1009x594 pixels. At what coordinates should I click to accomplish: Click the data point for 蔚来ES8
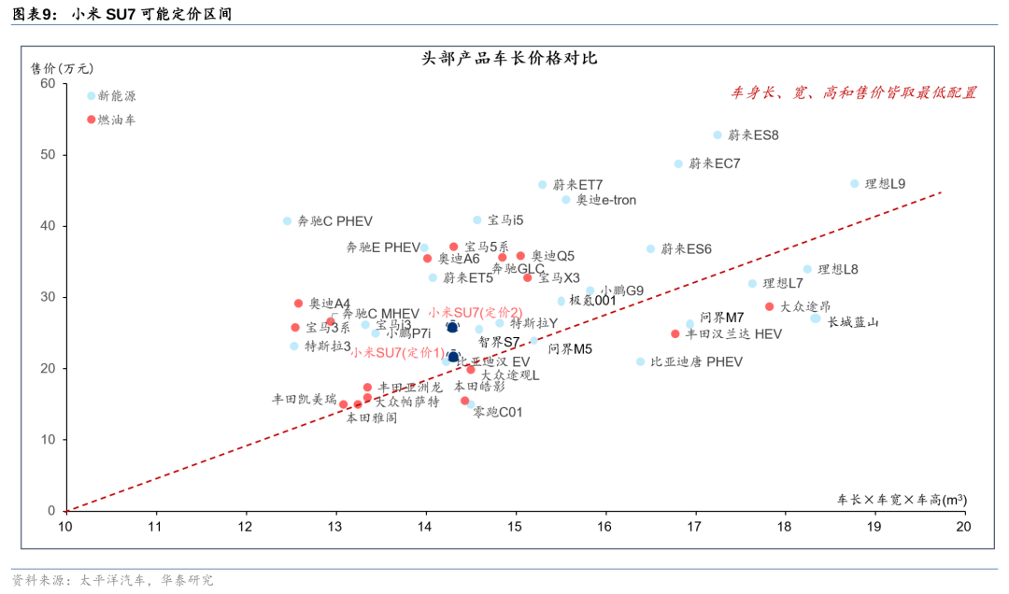(718, 135)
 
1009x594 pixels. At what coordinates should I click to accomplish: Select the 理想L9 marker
(854, 184)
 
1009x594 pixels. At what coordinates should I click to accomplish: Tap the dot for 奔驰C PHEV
(287, 221)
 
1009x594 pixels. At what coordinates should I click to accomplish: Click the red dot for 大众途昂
(770, 306)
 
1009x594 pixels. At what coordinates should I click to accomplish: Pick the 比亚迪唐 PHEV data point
(640, 361)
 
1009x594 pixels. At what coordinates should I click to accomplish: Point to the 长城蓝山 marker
(816, 318)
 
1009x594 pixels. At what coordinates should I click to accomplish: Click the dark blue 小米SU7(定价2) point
(452, 327)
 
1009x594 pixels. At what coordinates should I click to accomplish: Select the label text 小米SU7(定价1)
(398, 352)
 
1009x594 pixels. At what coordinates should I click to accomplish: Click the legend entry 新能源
(117, 96)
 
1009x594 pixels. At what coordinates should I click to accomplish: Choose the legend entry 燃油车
(117, 120)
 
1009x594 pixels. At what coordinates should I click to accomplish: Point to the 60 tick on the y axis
(48, 83)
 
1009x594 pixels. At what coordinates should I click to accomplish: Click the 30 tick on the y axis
(48, 297)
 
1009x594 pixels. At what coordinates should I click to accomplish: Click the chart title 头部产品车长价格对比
(509, 58)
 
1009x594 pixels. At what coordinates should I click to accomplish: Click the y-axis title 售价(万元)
(63, 68)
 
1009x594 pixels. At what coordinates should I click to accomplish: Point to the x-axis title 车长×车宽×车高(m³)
(901, 500)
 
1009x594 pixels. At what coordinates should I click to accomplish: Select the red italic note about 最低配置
(853, 92)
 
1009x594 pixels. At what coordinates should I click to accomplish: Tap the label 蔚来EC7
(714, 163)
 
